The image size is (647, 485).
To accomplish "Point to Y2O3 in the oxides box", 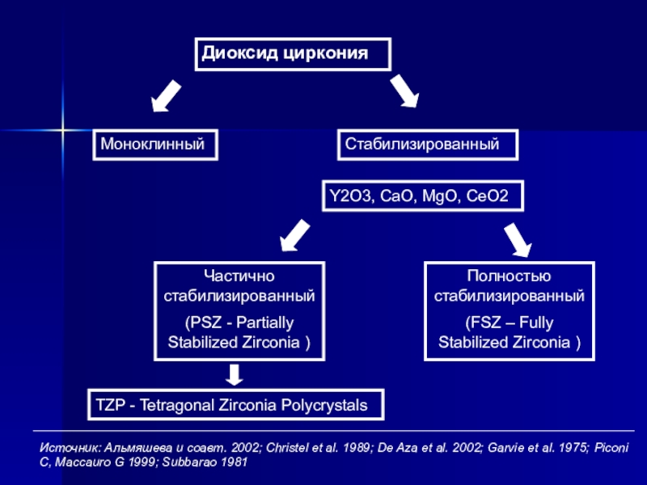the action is (350, 196).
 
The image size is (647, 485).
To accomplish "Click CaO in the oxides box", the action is (396, 196).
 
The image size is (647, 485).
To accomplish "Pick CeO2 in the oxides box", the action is (487, 196).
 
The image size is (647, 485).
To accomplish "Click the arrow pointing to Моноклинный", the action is (166, 95).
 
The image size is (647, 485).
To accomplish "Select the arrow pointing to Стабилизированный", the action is (405, 91).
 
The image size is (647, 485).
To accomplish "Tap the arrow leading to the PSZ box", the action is (294, 235).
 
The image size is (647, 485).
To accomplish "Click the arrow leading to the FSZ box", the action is (518, 240).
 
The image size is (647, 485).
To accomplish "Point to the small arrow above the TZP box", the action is (235, 374).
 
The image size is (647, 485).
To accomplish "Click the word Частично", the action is (239, 276).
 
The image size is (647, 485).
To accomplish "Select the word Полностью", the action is (510, 276).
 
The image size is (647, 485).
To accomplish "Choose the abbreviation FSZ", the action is (486, 323).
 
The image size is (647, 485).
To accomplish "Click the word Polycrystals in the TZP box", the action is (324, 406).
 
